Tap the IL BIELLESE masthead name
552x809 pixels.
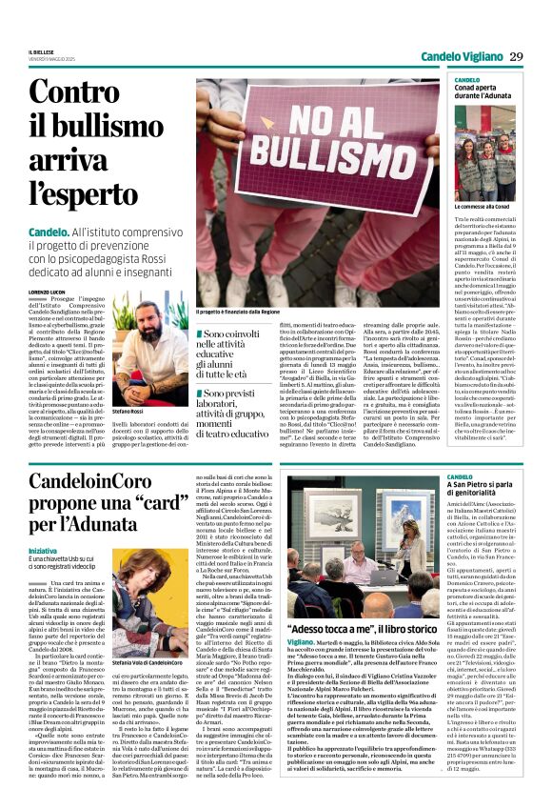pos(42,51)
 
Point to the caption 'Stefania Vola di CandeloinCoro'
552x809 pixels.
pos(149,636)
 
